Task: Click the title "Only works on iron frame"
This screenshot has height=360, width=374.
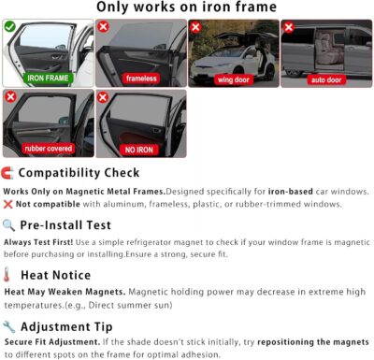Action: click(187, 8)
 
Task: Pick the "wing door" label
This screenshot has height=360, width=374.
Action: click(233, 79)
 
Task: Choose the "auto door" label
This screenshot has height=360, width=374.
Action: click(326, 79)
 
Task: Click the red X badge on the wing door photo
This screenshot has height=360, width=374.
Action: click(195, 27)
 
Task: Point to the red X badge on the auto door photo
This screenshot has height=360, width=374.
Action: click(288, 27)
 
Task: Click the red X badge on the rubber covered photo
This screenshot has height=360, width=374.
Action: click(10, 96)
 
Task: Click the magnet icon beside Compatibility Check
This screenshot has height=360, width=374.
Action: click(8, 173)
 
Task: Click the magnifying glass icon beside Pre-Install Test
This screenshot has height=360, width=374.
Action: click(8, 224)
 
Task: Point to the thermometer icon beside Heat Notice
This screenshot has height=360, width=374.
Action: click(8, 276)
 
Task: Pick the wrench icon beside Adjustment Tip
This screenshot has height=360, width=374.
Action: click(8, 326)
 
